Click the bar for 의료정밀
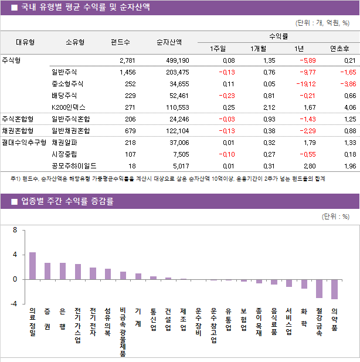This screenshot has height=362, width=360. (x=32, y=266)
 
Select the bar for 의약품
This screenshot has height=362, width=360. (x=334, y=289)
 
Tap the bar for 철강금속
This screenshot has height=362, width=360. (x=319, y=289)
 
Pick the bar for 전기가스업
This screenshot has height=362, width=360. (x=78, y=272)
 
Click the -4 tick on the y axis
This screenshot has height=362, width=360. (x=13, y=304)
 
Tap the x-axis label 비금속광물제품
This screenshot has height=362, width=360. (x=123, y=331)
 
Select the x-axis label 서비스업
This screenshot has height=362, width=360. (x=289, y=322)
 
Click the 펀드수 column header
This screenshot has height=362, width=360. (x=120, y=42)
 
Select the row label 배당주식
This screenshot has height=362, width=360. (x=64, y=96)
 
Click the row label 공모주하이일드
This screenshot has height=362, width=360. (x=74, y=166)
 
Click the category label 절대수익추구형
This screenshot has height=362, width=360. (x=23, y=143)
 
